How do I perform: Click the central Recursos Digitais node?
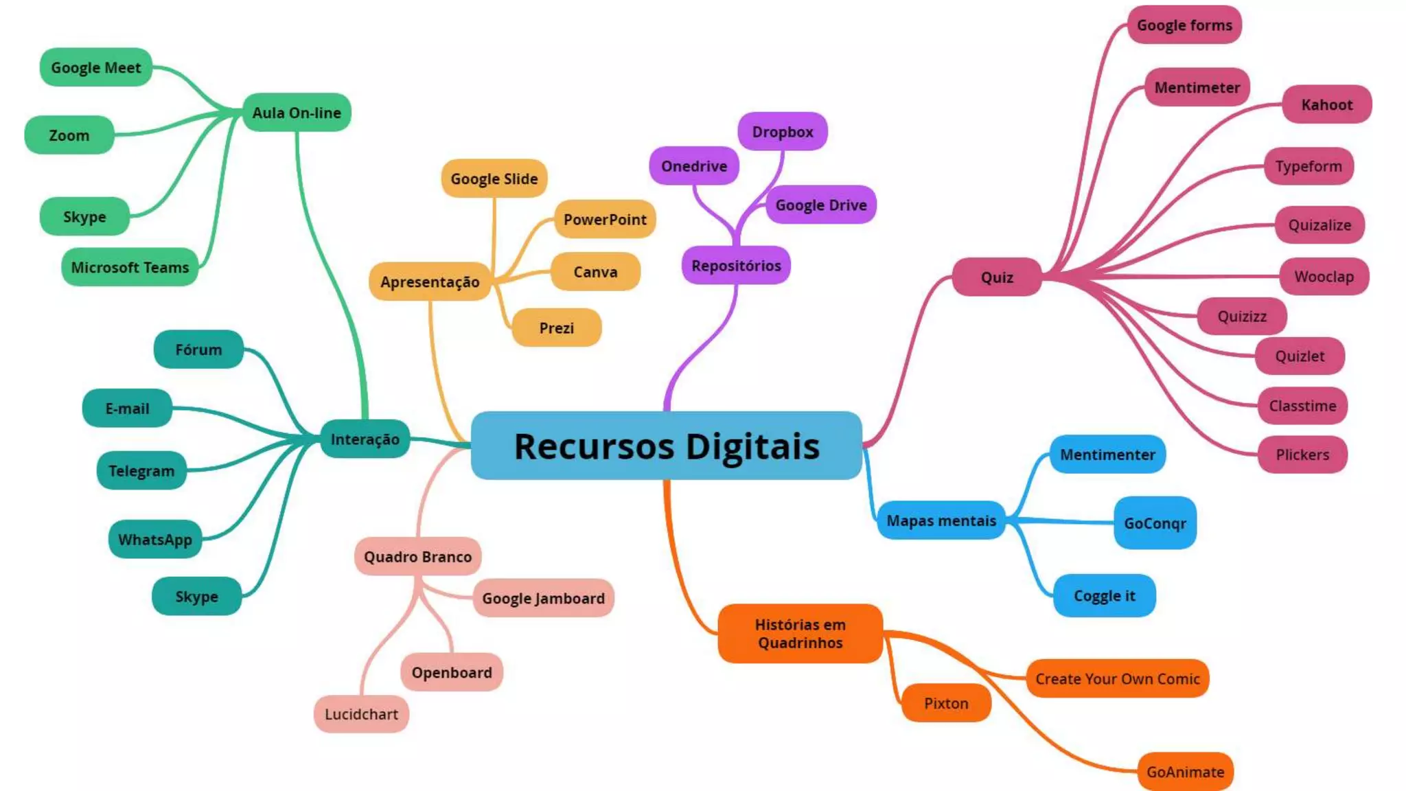pyautogui.click(x=666, y=446)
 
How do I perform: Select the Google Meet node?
pyautogui.click(x=95, y=67)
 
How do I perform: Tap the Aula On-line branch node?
pyautogui.click(x=297, y=113)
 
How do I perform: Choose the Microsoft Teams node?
pyautogui.click(x=130, y=267)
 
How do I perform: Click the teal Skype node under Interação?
pyautogui.click(x=196, y=596)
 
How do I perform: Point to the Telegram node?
pyautogui.click(x=141, y=470)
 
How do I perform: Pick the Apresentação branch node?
pyautogui.click(x=430, y=282)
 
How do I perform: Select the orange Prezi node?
pyautogui.click(x=556, y=328)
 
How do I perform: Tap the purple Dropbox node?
pyautogui.click(x=783, y=131)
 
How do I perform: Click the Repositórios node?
pyautogui.click(x=736, y=265)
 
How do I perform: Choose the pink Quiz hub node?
pyautogui.click(x=997, y=277)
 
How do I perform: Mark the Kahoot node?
pyautogui.click(x=1326, y=104)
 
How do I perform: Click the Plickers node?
pyautogui.click(x=1302, y=454)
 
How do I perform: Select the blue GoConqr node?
pyautogui.click(x=1155, y=523)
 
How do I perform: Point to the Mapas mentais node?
pyautogui.click(x=941, y=520)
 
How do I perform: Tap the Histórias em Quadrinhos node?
pyautogui.click(x=800, y=633)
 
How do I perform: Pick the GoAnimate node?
pyautogui.click(x=1185, y=772)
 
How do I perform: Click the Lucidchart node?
pyautogui.click(x=361, y=714)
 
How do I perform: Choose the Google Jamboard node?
pyautogui.click(x=543, y=598)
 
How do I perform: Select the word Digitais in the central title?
pyautogui.click(x=752, y=446)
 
